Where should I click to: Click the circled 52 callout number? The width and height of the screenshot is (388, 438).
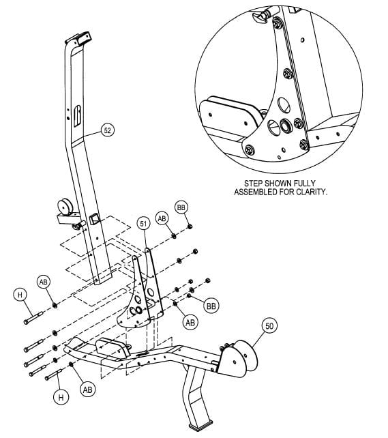(108, 130)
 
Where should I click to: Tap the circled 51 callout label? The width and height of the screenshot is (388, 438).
(143, 223)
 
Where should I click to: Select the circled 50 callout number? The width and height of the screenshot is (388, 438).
(269, 327)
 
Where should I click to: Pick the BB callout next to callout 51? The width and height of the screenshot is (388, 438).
(181, 207)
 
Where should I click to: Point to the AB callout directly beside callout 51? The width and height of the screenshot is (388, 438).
(162, 218)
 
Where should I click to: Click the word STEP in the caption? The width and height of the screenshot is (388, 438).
(256, 184)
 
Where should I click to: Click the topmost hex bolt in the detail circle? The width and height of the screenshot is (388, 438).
(278, 25)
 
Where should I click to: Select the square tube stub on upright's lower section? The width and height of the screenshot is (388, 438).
(93, 219)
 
